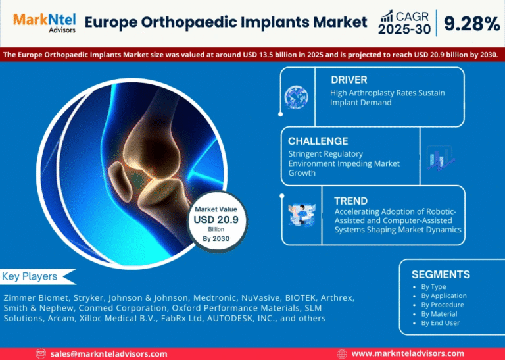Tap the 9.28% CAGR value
point(471,24)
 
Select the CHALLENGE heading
point(318,141)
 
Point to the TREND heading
point(350,200)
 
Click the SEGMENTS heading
point(441,274)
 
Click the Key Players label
point(30,276)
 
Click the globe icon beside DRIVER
point(297,97)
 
